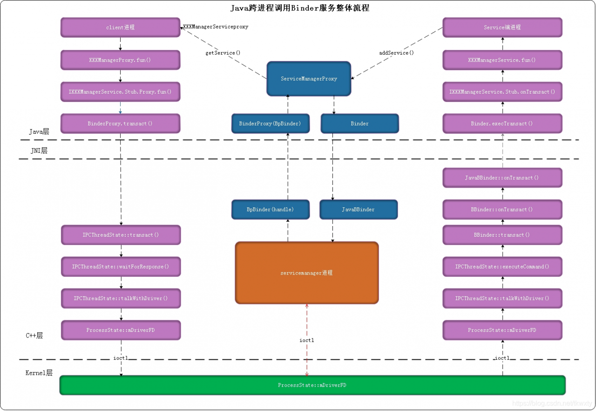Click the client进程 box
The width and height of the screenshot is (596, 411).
120,27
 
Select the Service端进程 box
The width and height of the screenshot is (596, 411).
502,27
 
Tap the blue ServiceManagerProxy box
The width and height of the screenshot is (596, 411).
309,79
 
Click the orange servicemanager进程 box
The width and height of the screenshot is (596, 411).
306,273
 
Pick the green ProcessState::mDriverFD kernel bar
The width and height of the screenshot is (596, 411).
312,385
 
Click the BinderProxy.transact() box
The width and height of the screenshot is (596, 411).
120,123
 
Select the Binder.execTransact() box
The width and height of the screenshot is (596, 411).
502,123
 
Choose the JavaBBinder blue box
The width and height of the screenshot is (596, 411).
358,210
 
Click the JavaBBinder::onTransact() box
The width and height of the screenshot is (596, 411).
502,178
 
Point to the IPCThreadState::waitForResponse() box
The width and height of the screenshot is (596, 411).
121,267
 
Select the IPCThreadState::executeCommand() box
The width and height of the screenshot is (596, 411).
502,267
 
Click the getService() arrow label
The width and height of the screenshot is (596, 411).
223,53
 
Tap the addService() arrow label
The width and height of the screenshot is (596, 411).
396,53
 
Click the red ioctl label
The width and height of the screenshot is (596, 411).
306,341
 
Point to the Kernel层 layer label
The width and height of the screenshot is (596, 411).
39,373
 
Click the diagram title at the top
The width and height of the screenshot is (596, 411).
300,8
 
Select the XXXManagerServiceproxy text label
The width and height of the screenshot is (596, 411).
216,27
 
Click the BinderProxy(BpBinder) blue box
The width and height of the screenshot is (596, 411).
270,123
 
